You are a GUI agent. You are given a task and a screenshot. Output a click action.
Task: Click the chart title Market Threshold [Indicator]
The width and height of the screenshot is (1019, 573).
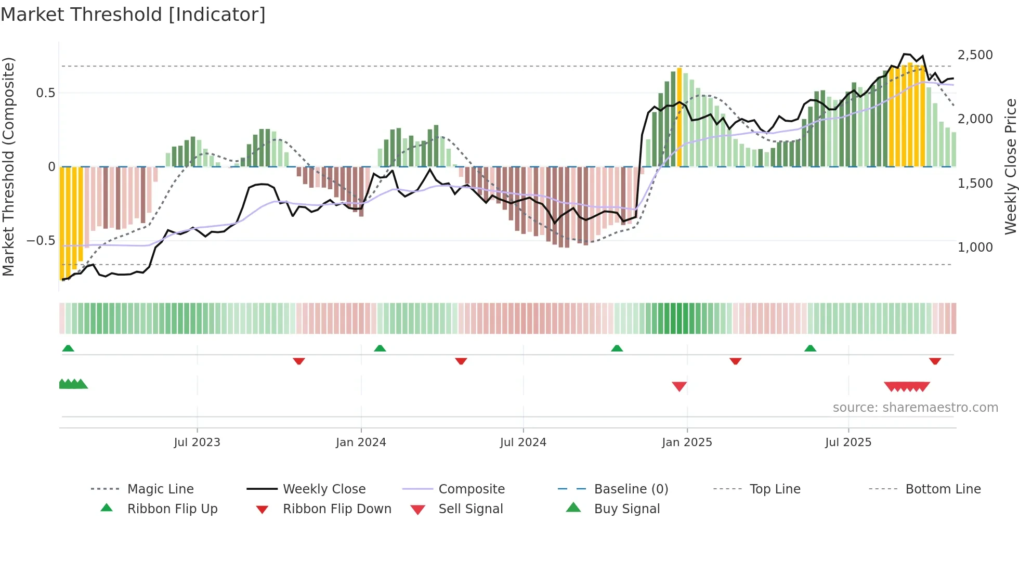click(133, 15)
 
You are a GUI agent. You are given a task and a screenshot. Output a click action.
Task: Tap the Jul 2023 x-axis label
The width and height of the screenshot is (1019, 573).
click(197, 442)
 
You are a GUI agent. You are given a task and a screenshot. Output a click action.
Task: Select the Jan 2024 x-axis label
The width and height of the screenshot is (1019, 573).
click(361, 442)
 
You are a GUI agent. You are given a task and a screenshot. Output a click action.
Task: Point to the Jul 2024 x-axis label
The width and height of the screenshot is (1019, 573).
click(523, 442)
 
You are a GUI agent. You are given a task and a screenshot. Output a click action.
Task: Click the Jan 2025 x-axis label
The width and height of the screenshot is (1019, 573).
click(687, 442)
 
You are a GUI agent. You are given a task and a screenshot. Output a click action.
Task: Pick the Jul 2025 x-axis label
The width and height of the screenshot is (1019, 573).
click(848, 442)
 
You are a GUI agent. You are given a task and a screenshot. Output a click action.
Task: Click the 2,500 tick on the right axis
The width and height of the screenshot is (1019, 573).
click(975, 55)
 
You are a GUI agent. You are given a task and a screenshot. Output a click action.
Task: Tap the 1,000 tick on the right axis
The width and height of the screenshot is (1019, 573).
click(975, 248)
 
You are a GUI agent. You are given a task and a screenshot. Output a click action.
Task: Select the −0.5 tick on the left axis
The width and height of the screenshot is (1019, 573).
click(41, 241)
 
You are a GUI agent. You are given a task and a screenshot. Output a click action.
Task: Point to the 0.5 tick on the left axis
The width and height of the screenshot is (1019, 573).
click(45, 93)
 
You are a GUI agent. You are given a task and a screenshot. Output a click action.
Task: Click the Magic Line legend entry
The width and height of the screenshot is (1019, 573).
click(160, 489)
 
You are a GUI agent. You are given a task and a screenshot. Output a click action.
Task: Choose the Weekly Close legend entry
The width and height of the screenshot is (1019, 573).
click(324, 489)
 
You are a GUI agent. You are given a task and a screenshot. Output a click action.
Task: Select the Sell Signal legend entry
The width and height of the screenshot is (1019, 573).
click(470, 509)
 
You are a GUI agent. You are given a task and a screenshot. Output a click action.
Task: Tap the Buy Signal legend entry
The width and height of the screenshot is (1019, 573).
click(626, 509)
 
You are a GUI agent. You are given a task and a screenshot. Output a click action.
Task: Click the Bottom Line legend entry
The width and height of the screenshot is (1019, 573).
click(943, 489)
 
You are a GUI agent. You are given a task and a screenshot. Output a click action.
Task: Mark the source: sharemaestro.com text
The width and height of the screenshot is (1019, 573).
click(915, 408)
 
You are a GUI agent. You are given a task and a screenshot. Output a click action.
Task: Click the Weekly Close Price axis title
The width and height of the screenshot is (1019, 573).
click(1010, 166)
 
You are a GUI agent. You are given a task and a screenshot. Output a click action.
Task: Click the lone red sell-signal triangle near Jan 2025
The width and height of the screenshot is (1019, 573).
click(679, 386)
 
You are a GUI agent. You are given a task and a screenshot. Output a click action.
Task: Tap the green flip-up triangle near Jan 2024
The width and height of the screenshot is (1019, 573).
click(380, 348)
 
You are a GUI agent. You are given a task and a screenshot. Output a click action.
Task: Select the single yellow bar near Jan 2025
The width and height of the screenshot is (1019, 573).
click(679, 117)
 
